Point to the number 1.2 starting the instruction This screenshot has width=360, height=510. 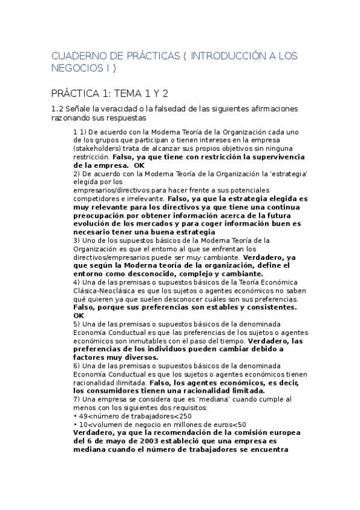pyautogui.click(x=58, y=109)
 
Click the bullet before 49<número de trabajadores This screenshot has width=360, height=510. pyautogui.click(x=75, y=416)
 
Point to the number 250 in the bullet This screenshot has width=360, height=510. pyautogui.click(x=186, y=416)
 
